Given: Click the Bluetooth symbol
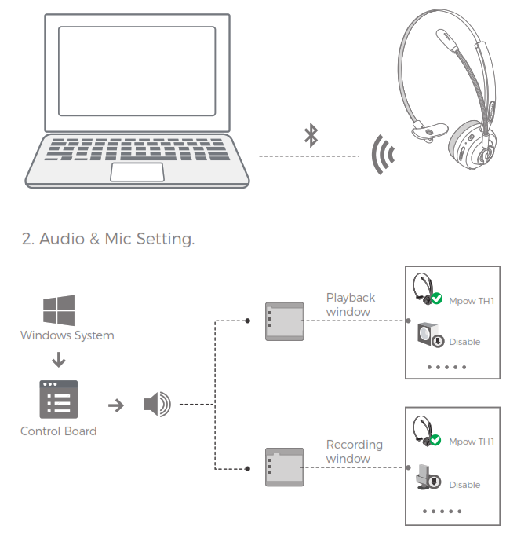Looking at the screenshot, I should coord(311,135).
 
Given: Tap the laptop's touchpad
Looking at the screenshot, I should coord(137,172).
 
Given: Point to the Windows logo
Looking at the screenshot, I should coord(59,310).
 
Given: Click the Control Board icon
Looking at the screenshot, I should coord(59,399).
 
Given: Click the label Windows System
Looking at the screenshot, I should coord(67,335).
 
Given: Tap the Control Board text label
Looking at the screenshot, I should coord(59,431).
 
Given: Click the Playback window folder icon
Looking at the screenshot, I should coord(283,321).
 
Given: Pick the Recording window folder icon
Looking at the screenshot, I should coord(283,467).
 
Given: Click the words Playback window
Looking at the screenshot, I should coord(350,304).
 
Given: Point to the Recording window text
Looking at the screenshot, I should coord(354,451).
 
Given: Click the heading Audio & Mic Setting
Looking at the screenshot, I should coord(107,238).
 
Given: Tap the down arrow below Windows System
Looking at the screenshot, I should coord(58,361).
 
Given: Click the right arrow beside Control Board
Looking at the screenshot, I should coord(115,405).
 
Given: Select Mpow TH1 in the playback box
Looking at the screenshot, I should coord(471,301).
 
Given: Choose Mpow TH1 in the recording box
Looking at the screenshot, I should coord(471,442).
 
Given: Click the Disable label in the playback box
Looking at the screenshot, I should coord(464,342).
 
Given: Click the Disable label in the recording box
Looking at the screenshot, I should coord(464,485).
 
